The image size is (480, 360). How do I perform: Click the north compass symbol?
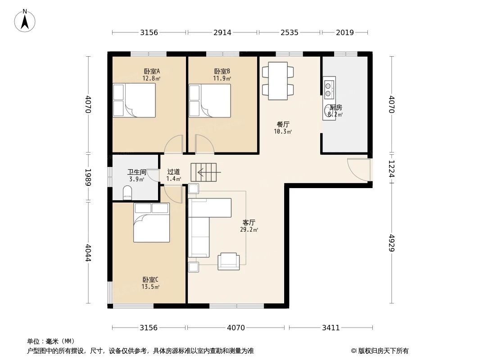click(25, 20)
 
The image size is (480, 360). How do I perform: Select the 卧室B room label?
click(222, 71)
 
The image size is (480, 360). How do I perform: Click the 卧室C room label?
click(150, 279)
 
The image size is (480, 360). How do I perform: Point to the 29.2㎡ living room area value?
click(249, 229)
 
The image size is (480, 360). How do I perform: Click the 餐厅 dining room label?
click(283, 125)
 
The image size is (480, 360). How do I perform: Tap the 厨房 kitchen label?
click(335, 108)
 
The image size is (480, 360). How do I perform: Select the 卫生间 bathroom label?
click(136, 172)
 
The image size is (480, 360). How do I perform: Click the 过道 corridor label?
click(173, 172)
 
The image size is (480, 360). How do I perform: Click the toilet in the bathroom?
click(127, 193)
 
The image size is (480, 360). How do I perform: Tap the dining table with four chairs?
click(278, 81)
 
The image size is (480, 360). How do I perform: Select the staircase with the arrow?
click(204, 172)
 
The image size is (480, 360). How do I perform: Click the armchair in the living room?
click(229, 261)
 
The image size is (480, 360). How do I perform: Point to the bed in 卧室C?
click(151, 222)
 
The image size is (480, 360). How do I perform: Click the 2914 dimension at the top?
click(222, 32)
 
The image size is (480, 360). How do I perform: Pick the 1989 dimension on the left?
click(88, 177)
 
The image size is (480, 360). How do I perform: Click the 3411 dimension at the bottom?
click(331, 328)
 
